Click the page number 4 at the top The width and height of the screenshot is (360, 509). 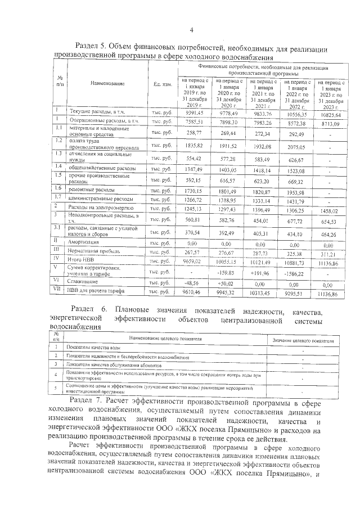[x=191, y=30]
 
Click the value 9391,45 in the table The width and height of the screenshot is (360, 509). [x=193, y=112]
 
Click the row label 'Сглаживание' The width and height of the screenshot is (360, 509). [x=86, y=281]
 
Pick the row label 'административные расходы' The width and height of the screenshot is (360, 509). [x=97, y=199]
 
